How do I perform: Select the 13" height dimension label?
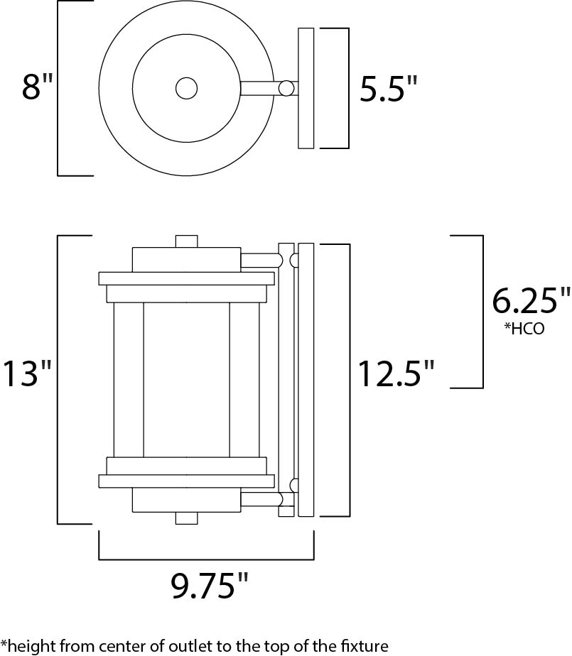[27, 373]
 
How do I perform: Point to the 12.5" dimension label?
[396, 373]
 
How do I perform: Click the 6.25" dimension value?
[531, 300]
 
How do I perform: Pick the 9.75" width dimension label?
[209, 586]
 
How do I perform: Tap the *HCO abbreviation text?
[524, 329]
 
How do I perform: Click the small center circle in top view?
[186, 88]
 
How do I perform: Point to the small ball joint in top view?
[287, 88]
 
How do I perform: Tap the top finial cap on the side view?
[186, 241]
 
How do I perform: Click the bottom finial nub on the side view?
[186, 518]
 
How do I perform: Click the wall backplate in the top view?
[306, 88]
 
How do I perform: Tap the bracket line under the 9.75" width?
[207, 559]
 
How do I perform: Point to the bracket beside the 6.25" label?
[482, 312]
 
